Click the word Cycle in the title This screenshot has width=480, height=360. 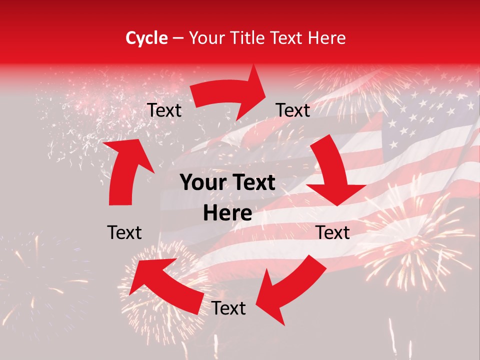(x=146, y=38)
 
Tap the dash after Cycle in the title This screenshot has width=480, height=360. (x=178, y=38)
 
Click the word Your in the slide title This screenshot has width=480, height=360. (x=207, y=38)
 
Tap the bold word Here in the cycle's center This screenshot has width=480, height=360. (x=227, y=213)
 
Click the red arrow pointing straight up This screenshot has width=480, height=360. (x=125, y=170)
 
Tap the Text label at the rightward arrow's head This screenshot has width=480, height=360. (x=293, y=110)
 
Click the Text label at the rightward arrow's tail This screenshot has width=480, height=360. (x=164, y=110)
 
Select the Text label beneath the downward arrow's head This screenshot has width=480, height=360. (x=333, y=232)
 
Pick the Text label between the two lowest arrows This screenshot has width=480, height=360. (x=228, y=308)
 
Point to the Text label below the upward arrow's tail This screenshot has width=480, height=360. (x=124, y=232)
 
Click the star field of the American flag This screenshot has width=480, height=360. (x=425, y=120)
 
